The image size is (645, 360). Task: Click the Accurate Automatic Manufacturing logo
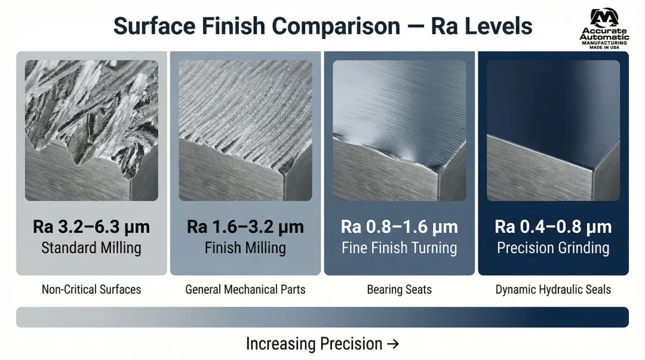pos(604,29)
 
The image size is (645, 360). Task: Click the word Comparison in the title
pos(336,26)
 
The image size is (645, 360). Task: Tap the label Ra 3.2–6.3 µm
pos(91,227)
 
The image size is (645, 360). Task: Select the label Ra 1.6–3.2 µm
pos(245,227)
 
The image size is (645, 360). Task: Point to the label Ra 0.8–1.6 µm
pos(399,227)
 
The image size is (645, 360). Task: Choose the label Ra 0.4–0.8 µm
pos(553,227)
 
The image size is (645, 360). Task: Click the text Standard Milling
pos(91,248)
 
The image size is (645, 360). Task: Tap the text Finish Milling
pos(245,248)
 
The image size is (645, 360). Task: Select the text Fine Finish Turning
pos(399,248)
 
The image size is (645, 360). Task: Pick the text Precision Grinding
pos(553,248)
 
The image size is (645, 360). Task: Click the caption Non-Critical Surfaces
pos(91,290)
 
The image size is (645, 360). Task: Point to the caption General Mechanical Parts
pos(245,290)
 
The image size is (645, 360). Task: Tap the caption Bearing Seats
pos(399,290)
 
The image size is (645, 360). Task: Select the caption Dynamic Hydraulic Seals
pos(553,290)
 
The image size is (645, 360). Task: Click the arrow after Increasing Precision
pos(393,344)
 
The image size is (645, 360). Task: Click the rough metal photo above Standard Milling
pos(91,130)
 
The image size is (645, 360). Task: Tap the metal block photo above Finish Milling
pos(245,130)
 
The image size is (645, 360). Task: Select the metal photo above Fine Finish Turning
pos(399,130)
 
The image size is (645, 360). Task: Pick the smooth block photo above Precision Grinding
pos(553,130)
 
